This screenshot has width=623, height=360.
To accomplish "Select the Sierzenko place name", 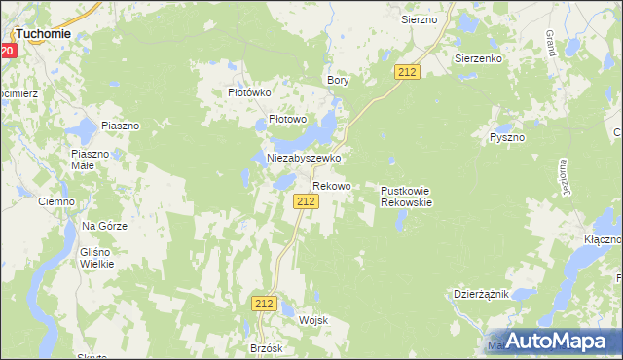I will tap(477, 58).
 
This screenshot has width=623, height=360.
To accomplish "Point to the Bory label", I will tap(338, 80).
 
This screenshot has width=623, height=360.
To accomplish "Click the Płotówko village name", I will tap(247, 92).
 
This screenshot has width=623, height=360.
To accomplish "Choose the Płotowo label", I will tap(287, 120).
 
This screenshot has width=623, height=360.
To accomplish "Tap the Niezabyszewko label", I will tap(303, 157).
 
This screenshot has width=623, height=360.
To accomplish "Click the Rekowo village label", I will tap(331, 185).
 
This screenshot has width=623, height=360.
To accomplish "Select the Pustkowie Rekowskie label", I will tap(405, 197).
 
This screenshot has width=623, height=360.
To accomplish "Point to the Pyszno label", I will tap(506, 137).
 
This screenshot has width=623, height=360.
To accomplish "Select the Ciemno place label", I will tap(55, 201).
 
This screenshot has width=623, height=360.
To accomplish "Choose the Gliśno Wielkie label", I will tap(96, 256).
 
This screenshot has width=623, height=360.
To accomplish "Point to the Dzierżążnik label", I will tap(481, 293).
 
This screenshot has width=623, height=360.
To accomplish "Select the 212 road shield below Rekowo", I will tap(306, 200).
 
